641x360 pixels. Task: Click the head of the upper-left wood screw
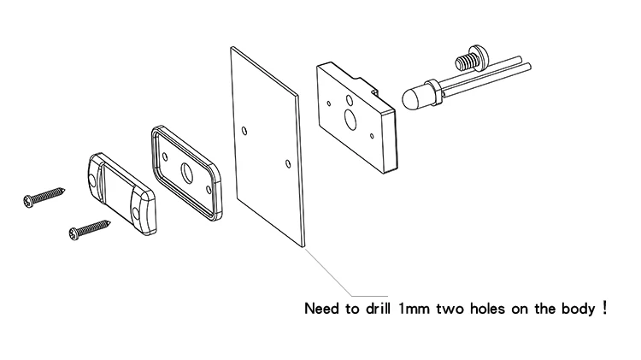[30, 201]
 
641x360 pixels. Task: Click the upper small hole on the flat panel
[245, 131]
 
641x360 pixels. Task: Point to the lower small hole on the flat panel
[285, 159]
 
